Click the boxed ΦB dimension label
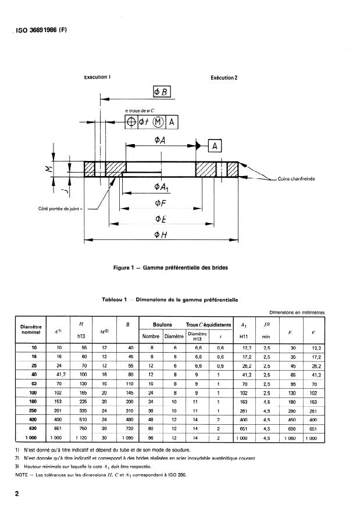click(x=162, y=91)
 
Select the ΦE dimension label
click(x=161, y=218)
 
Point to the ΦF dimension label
click(x=161, y=203)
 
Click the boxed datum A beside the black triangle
click(x=213, y=146)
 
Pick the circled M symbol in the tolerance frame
click(x=159, y=121)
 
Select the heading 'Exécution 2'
click(x=224, y=77)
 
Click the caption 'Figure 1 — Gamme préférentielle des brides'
click(x=171, y=268)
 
